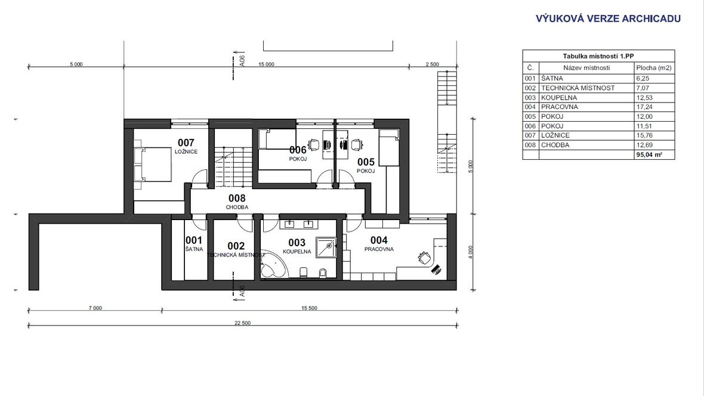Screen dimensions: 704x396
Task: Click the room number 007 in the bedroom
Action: pyautogui.click(x=186, y=143)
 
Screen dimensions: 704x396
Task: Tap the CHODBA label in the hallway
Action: pyautogui.click(x=237, y=208)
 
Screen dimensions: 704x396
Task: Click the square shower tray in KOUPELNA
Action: pyautogui.click(x=326, y=247)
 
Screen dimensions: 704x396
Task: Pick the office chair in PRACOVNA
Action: pyautogui.click(x=424, y=258)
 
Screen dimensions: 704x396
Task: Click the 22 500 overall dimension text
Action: pyautogui.click(x=242, y=323)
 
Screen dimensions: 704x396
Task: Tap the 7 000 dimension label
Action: pyautogui.click(x=95, y=308)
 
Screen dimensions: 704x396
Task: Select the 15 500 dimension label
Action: pyautogui.click(x=309, y=308)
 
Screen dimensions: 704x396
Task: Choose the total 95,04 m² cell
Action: pyautogui.click(x=649, y=155)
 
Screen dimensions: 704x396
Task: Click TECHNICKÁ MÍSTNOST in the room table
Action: pyautogui.click(x=578, y=88)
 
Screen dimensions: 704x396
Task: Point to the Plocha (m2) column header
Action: pyautogui.click(x=654, y=68)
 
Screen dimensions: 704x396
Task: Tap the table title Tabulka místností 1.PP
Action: pyautogui.click(x=598, y=56)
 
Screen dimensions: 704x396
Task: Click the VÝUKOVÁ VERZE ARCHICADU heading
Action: pyautogui.click(x=608, y=18)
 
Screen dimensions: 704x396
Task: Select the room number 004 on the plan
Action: pyautogui.click(x=379, y=241)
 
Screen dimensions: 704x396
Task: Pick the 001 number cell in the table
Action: pyautogui.click(x=530, y=78)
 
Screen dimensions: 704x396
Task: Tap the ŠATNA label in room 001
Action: pyautogui.click(x=194, y=249)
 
